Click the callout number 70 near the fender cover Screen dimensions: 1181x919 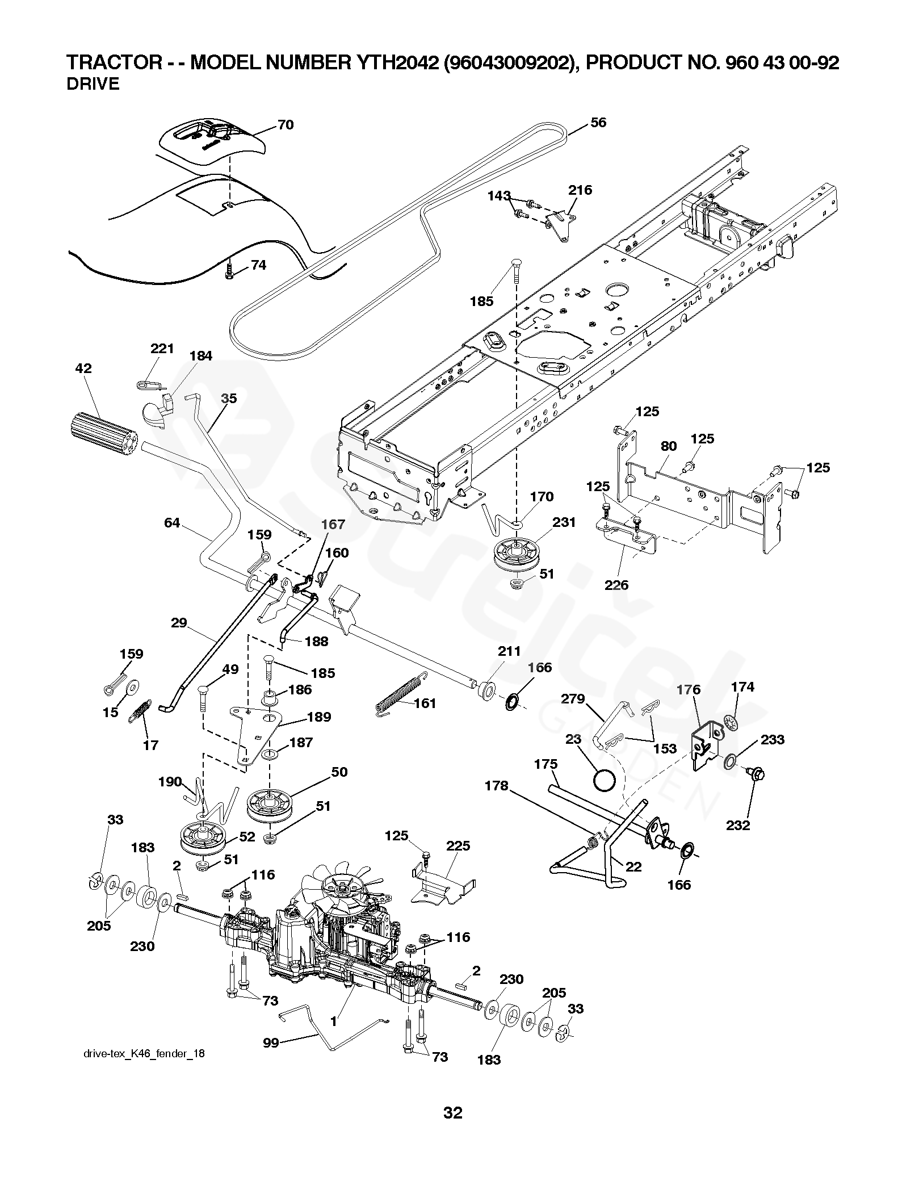[286, 125]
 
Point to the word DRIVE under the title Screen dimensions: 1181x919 [93, 85]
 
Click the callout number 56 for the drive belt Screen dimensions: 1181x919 [598, 123]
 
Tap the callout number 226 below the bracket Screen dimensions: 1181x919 [616, 585]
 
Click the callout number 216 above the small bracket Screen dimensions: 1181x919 [580, 190]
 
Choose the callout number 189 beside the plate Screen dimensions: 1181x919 [318, 717]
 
